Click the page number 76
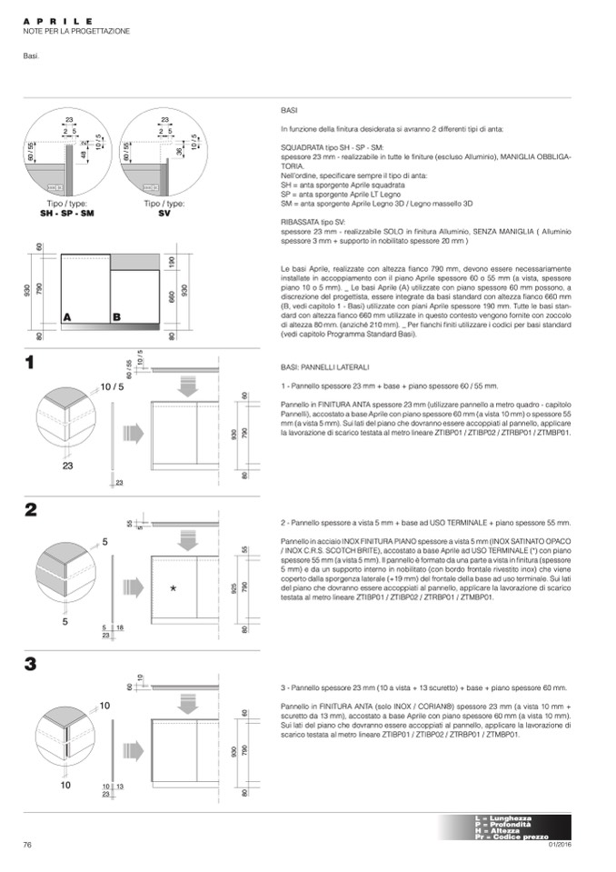tap(27, 845)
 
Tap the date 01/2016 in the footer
tap(560, 847)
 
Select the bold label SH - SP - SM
tap(67, 212)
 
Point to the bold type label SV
tap(164, 212)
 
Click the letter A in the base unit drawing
tap(67, 317)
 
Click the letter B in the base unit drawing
tap(116, 317)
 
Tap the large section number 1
tap(30, 362)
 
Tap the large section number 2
tap(30, 509)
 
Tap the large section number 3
tap(30, 664)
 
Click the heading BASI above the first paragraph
tap(290, 109)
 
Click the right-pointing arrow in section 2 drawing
tap(133, 586)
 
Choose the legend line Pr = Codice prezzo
tap(511, 837)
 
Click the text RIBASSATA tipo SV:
tap(313, 221)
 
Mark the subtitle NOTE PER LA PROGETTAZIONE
tap(76, 32)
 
